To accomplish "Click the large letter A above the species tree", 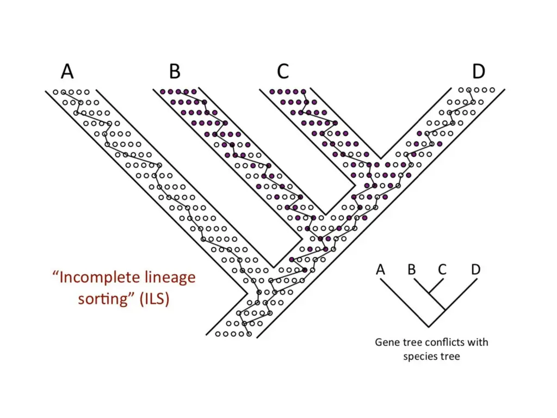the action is [67, 71].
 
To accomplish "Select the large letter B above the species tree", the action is [175, 71].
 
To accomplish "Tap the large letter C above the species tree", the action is [282, 71].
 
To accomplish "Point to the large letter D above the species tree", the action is [478, 71].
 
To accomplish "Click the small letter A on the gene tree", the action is [380, 269].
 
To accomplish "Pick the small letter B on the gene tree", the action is [412, 269].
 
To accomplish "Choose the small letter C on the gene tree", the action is [442, 269].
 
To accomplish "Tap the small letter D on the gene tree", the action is [476, 269].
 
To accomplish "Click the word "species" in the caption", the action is [420, 356].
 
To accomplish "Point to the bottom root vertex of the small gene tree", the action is [429, 327].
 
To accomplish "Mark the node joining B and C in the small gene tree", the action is [428, 294].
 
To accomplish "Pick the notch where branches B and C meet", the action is [325, 213].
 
